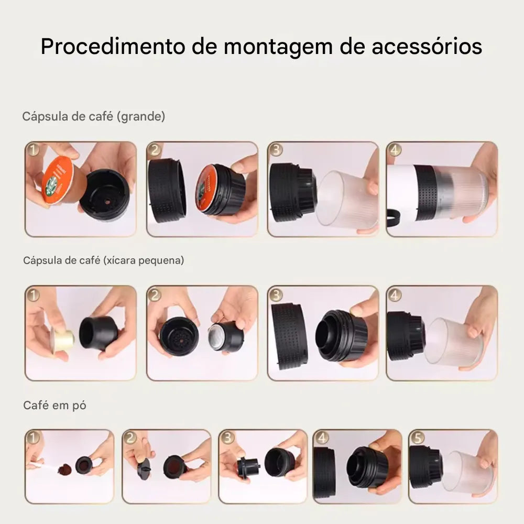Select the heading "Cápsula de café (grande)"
[94, 116]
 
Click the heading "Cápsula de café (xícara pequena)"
[104, 260]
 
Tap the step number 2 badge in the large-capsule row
[155, 150]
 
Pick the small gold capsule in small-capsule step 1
[63, 340]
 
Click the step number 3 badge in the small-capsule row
[276, 294]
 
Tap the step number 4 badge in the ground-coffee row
[322, 438]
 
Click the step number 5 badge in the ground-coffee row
[418, 438]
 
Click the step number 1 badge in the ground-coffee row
[34, 438]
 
